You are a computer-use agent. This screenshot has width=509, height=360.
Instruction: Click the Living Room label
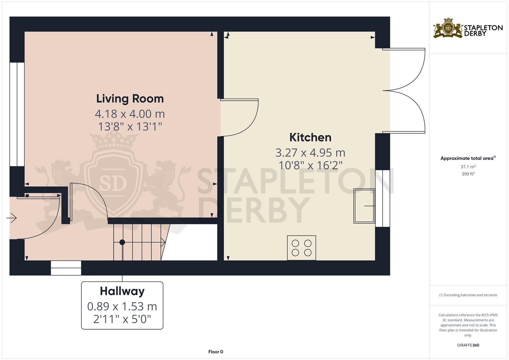130,99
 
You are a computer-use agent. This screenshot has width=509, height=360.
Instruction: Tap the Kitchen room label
310,137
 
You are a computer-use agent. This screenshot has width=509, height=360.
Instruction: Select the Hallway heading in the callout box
122,291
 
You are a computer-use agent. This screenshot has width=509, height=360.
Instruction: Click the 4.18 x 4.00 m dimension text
130,114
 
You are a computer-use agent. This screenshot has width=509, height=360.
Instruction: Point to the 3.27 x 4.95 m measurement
310,153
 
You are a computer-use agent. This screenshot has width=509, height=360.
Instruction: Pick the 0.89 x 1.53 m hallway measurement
122,306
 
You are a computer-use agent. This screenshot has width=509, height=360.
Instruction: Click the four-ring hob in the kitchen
302,248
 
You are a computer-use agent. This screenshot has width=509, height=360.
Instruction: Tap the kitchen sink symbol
364,206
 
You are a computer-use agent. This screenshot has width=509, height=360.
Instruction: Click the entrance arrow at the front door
12,218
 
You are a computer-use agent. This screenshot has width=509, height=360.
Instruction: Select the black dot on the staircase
122,242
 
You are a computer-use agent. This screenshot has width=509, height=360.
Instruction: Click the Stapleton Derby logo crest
448,28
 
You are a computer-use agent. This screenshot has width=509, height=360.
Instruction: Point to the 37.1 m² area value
468,167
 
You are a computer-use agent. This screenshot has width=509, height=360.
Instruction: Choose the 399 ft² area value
468,174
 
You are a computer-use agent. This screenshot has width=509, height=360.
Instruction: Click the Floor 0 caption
216,352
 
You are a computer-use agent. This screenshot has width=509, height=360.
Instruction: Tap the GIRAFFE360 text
468,345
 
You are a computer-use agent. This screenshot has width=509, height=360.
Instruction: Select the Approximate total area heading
468,158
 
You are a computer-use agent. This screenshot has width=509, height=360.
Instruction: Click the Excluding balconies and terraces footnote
468,295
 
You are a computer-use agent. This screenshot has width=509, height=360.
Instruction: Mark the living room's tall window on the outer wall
17,114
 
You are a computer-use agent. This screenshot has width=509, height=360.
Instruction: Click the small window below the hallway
66,268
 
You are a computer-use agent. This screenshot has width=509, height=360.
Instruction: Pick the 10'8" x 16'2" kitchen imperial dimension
310,165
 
